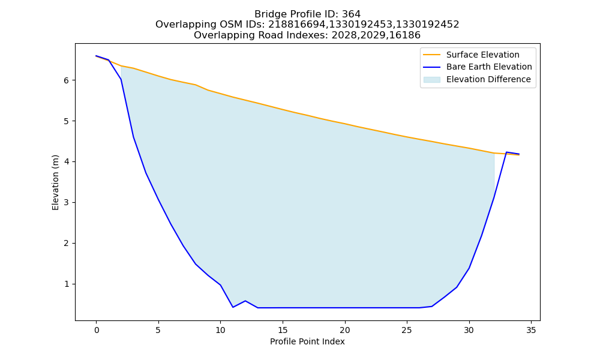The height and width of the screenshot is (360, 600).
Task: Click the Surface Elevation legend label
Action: point(482,55)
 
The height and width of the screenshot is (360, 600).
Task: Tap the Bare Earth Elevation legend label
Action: point(489,67)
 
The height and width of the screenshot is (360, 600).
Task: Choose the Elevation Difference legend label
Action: point(488,79)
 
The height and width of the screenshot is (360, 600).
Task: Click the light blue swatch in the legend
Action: point(431,80)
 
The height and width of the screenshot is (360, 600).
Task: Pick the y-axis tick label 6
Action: point(66,80)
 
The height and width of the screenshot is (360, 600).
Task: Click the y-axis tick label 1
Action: point(66,284)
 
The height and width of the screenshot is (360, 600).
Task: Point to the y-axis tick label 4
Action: point(66,162)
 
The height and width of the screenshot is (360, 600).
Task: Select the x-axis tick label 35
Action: point(531,330)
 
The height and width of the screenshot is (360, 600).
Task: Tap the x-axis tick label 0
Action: point(97,330)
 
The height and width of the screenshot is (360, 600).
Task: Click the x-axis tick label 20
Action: point(345,330)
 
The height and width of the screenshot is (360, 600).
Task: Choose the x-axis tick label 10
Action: point(220,330)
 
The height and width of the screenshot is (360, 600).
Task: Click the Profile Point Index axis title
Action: point(307,341)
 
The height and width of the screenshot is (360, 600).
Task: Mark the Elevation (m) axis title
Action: point(55,182)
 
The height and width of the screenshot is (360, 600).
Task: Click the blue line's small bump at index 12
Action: point(245,301)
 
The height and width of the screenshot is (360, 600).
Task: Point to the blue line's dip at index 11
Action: point(233,307)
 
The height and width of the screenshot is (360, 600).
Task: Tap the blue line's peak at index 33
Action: point(506,152)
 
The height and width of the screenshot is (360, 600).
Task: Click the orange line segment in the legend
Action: point(431,55)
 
